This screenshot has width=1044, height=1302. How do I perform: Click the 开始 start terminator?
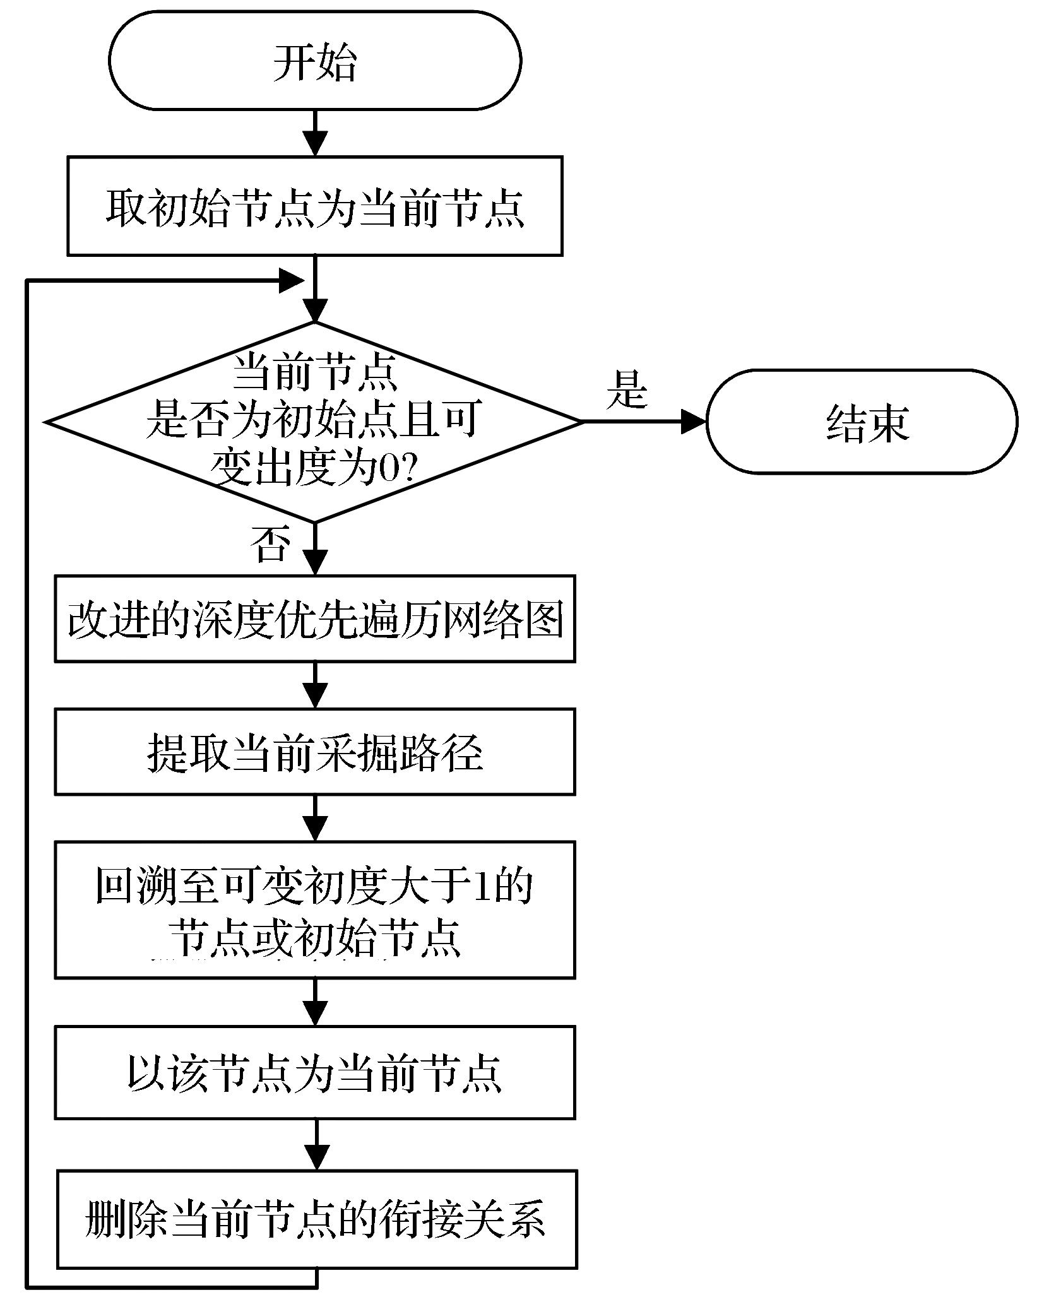click(314, 61)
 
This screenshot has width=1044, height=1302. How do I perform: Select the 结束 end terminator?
click(862, 422)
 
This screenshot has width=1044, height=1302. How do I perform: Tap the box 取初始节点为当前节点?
click(314, 206)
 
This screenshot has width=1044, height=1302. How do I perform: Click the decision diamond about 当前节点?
click(314, 422)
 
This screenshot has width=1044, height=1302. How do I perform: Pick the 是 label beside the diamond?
click(627, 389)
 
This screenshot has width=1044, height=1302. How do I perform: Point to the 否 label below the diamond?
click(271, 544)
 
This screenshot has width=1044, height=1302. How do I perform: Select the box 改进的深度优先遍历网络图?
click(314, 618)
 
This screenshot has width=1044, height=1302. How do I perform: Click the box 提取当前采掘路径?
click(314, 752)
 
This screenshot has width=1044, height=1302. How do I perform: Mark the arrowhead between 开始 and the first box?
click(315, 143)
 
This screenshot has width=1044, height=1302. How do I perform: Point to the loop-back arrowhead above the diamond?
click(292, 280)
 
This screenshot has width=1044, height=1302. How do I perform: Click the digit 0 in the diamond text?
click(389, 471)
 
